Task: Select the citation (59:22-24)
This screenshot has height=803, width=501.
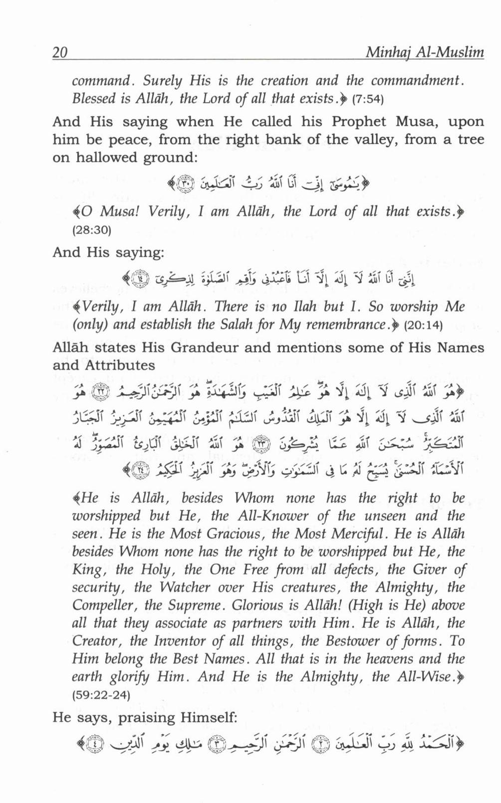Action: pyautogui.click(x=101, y=695)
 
